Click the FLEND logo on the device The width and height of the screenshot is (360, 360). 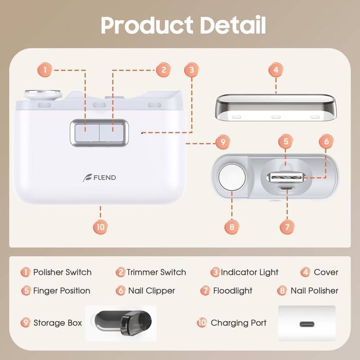point(99,177)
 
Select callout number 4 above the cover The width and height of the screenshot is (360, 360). point(276,70)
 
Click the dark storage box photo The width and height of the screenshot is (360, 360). point(121,322)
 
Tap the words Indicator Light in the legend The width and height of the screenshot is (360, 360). point(250,272)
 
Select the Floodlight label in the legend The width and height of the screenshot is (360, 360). point(233,291)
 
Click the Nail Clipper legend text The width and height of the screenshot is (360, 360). point(151,291)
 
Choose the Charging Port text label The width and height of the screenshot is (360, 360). point(238,323)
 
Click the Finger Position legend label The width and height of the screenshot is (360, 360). point(62,291)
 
